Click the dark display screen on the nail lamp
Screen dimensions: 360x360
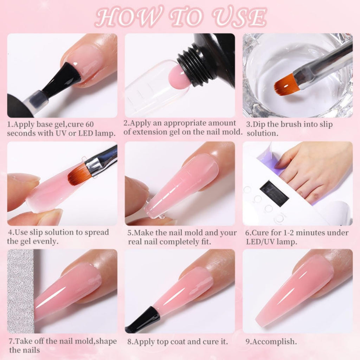click(x=274, y=193)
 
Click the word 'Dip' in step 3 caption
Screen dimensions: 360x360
click(x=259, y=124)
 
